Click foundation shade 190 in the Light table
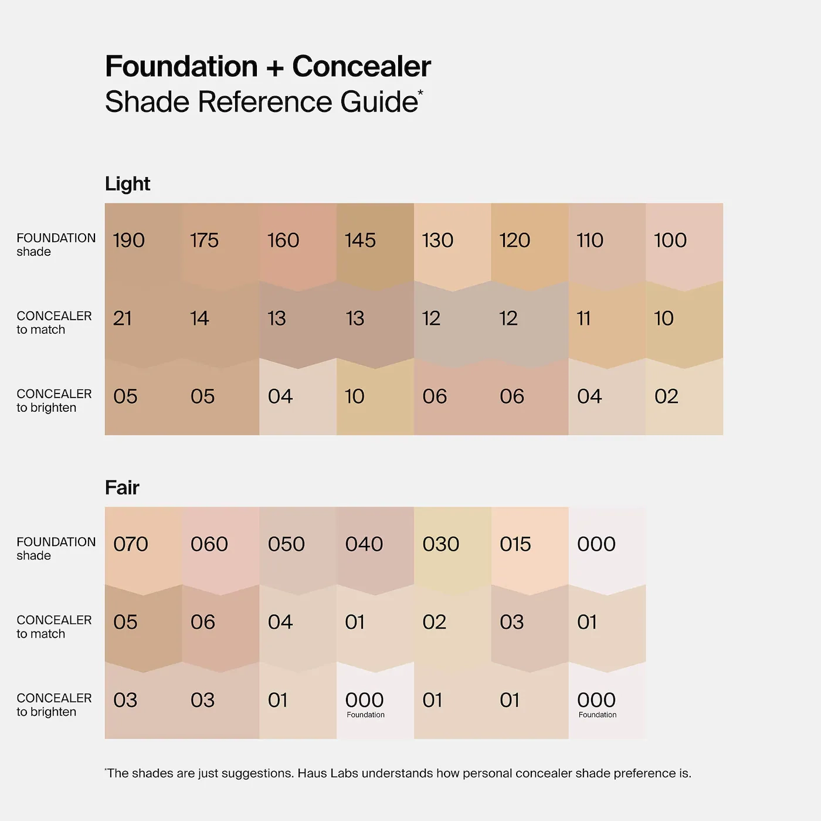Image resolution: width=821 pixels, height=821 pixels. pos(129,240)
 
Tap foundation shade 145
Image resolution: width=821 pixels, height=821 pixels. pos(360,240)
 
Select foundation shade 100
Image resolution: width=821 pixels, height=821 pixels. pos(670,240)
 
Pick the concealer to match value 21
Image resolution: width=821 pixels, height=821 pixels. pos(123,318)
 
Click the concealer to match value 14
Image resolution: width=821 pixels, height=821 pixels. pos(199,318)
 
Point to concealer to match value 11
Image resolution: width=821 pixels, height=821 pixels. pos(583,318)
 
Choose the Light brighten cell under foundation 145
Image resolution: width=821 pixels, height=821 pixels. pos(355,396)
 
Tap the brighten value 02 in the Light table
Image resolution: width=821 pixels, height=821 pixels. pos(666,396)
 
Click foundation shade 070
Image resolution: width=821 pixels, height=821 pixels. pos(131,544)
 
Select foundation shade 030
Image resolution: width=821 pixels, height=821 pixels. pos(441,544)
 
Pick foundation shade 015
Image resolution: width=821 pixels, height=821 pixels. pos(515,544)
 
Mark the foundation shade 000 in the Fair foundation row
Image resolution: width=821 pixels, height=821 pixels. pos(596,544)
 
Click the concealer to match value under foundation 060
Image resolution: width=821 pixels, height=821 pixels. pos(203,622)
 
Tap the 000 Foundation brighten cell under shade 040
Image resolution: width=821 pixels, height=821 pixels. pos(365,701)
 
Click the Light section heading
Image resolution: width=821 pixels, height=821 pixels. pos(127,184)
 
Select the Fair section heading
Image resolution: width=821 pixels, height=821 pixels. pos(122,488)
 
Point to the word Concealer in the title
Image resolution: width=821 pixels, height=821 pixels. pos(361,66)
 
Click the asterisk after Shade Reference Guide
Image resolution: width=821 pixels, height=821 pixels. pos(420,92)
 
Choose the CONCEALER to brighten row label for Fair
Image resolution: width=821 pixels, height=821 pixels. pos(54,705)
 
